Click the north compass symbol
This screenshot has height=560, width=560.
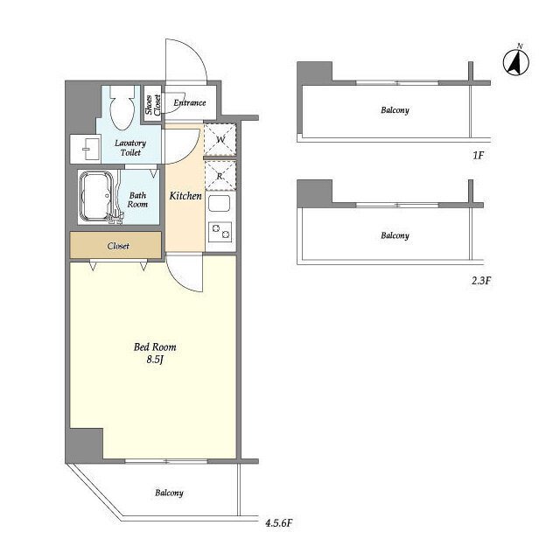pos(516,61)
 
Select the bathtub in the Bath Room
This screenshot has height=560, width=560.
pos(95,196)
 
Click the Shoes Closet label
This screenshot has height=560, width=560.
pos(153,104)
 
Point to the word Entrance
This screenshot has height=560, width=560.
pos(190,103)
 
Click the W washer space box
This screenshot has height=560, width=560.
pos(220,139)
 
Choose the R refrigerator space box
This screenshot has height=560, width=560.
pos(220,176)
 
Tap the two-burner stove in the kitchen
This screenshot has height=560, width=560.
pos(220,232)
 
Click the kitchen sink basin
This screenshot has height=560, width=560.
pos(220,204)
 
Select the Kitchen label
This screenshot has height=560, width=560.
pos(185,196)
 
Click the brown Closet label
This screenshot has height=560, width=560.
pos(118,246)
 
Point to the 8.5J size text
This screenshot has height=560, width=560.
pos(155,360)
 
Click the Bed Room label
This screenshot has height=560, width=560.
pos(155,346)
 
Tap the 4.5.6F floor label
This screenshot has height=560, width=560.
pos(279,523)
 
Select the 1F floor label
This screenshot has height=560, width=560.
pos(479,156)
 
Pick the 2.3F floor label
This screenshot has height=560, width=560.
pos(481,280)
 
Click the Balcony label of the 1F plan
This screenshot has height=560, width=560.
pos(395,110)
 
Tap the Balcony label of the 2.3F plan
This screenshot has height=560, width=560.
pos(395,235)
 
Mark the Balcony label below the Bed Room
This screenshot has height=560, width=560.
pos(169,493)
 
